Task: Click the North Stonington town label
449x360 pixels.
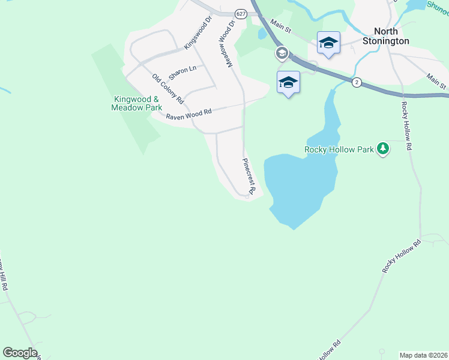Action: [x=386, y=36]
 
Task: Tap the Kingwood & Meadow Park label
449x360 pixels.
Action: [x=137, y=103]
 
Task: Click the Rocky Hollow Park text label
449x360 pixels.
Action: [x=339, y=149]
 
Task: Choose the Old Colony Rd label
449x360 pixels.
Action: [x=167, y=89]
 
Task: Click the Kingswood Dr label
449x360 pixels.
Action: [x=199, y=32]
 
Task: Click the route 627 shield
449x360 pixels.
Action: [x=240, y=14]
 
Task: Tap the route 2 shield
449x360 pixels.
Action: [x=357, y=83]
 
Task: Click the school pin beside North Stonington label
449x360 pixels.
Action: [x=328, y=43]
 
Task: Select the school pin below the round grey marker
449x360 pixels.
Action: [x=288, y=82]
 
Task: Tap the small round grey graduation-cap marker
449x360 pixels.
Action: [x=281, y=53]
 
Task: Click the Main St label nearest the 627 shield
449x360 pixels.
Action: [x=280, y=26]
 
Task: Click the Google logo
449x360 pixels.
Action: [x=20, y=353]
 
